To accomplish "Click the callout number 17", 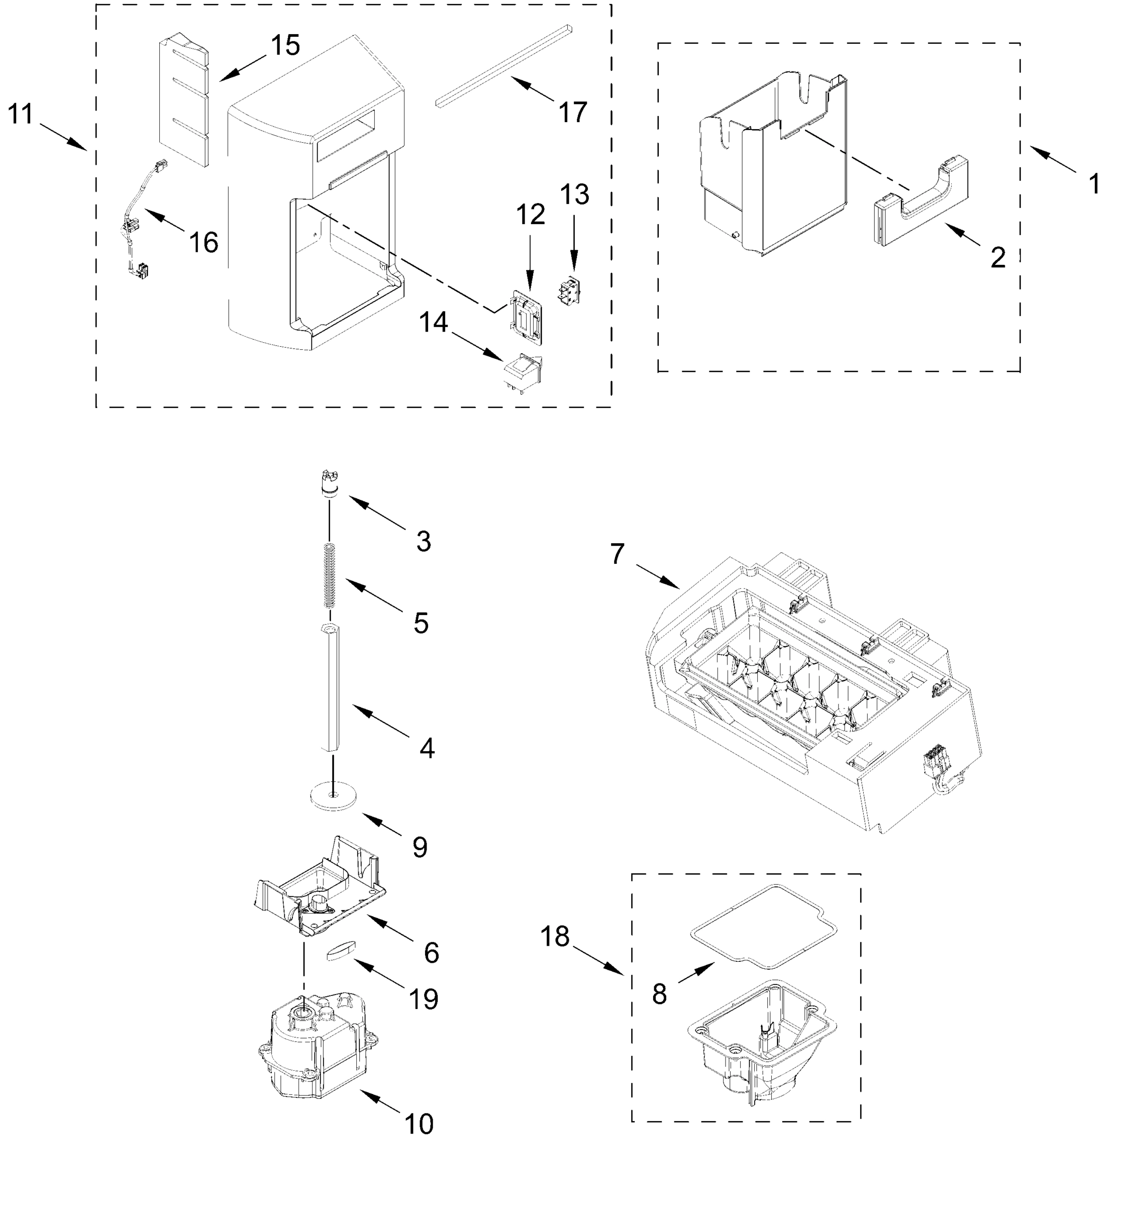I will (572, 113).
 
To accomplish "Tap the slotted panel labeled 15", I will (184, 100).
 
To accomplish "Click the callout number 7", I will (617, 554).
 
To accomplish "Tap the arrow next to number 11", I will (63, 136).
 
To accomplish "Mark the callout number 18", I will (554, 937).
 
